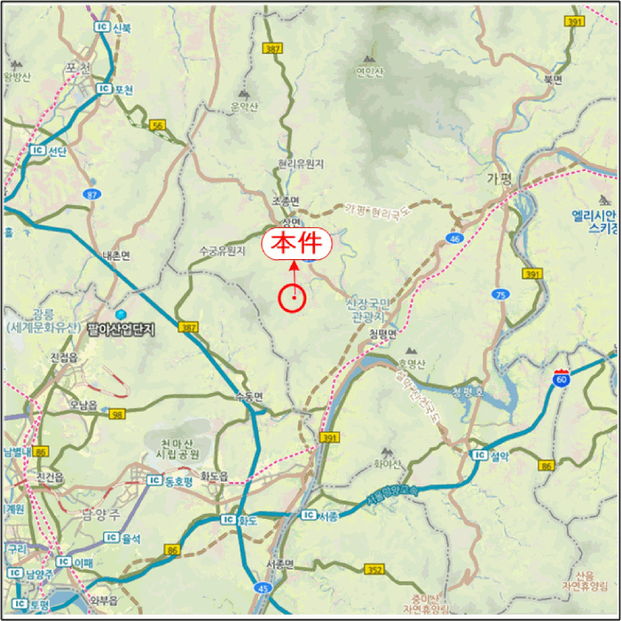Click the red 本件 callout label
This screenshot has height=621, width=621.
295,244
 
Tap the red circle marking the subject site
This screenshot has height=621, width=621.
292,299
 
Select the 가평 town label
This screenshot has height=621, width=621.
500,177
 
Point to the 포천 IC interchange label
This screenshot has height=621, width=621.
116,90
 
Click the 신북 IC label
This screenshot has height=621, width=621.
114,28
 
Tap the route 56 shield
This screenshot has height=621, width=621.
158,126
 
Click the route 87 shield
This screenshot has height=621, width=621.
93,193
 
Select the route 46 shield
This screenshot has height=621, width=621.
455,238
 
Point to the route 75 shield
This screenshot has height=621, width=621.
501,295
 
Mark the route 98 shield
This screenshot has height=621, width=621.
117,414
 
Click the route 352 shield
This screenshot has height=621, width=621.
375,570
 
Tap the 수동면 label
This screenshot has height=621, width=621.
248,397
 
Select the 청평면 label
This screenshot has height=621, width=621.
384,334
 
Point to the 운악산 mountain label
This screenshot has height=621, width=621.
244,107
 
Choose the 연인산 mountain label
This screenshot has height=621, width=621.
369,73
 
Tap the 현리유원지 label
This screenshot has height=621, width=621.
301,164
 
